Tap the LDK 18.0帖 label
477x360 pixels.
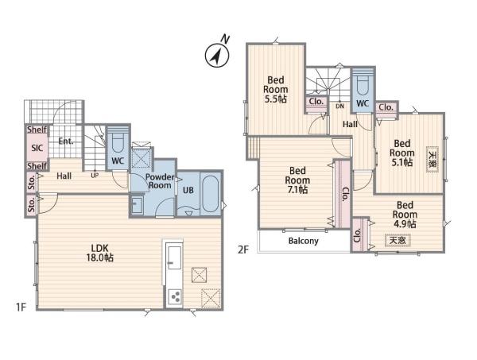pyautogui.click(x=100, y=253)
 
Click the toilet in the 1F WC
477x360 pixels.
pyautogui.click(x=118, y=142)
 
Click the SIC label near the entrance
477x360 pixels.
pyautogui.click(x=37, y=148)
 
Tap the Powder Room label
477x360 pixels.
pyautogui.click(x=160, y=181)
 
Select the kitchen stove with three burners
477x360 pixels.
pyautogui.click(x=176, y=296)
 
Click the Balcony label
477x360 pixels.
pyautogui.click(x=304, y=241)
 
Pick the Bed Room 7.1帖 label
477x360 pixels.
pyautogui.click(x=297, y=180)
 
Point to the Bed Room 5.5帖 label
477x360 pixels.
pyautogui.click(x=276, y=90)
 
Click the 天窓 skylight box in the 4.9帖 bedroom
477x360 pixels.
pyautogui.click(x=397, y=240)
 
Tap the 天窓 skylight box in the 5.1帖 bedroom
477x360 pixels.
pyautogui.click(x=432, y=159)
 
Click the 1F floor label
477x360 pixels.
pyautogui.click(x=21, y=307)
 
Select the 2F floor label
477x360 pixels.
pyautogui.click(x=243, y=250)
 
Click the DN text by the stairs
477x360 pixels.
pyautogui.click(x=339, y=106)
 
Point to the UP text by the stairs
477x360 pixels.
pyautogui.click(x=95, y=176)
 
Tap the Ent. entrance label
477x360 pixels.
pyautogui.click(x=66, y=141)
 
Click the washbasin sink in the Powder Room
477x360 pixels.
pyautogui.click(x=138, y=204)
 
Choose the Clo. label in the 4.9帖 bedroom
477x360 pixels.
pyautogui.click(x=358, y=235)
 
